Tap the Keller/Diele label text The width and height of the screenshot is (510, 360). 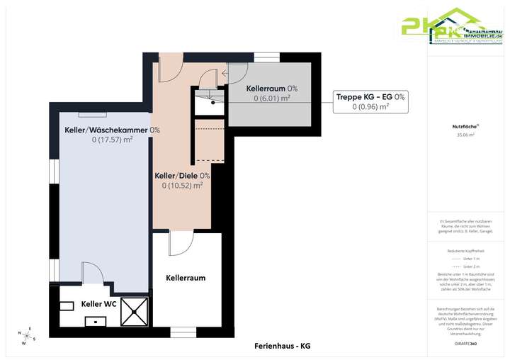click(182, 175)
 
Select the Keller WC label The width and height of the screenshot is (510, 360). click(99, 304)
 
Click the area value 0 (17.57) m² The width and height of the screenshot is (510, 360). click(113, 140)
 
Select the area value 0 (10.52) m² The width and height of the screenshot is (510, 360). click(182, 186)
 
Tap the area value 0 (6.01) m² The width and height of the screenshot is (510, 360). click(272, 99)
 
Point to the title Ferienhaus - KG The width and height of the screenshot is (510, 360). click(282, 346)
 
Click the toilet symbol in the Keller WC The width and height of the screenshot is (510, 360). click(67, 305)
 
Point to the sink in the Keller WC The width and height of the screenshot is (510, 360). click(94, 321)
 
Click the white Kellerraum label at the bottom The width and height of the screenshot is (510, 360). click(186, 278)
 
